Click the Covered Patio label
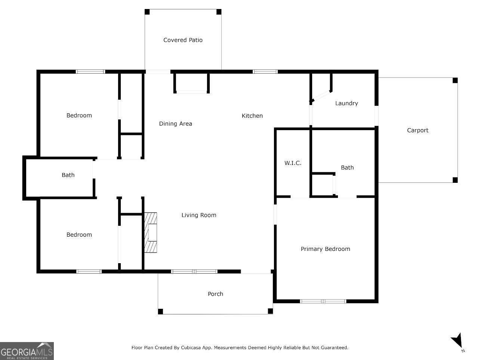point(183,40)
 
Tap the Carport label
point(418,130)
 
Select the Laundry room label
point(347,103)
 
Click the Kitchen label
point(252,116)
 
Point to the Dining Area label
point(175,124)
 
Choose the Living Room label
point(199,215)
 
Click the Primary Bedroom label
point(325,249)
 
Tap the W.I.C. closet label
point(293,163)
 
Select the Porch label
point(215,294)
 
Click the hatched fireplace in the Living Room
point(151,233)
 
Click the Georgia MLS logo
point(27,351)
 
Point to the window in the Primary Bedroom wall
point(323,301)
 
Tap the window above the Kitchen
point(265,71)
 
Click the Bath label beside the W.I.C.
point(347,167)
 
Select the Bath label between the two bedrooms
point(68,175)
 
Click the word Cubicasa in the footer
point(191,348)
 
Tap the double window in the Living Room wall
point(194,271)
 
